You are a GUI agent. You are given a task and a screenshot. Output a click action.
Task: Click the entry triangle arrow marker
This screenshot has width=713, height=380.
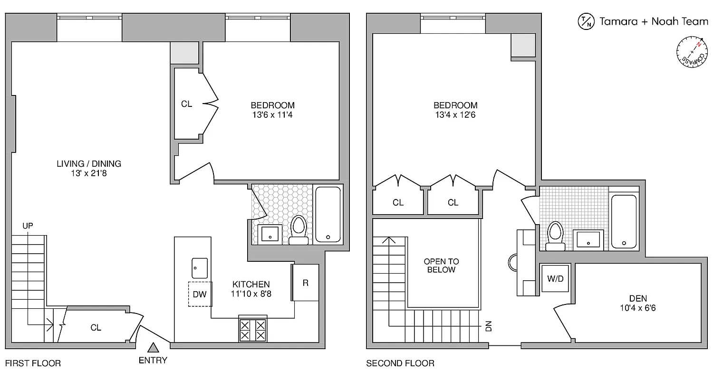[x=153, y=348]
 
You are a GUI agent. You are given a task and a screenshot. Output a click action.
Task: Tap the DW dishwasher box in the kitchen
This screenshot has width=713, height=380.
[x=200, y=294]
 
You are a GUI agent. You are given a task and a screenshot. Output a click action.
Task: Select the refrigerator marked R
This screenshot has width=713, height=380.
[x=305, y=283]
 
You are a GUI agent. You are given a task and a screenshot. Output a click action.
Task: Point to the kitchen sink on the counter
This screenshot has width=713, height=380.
[x=200, y=268]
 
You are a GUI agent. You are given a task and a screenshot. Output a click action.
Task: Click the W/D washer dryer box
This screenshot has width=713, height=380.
[x=555, y=279]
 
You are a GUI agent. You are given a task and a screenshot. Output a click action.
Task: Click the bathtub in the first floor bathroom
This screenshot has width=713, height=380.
[x=328, y=214]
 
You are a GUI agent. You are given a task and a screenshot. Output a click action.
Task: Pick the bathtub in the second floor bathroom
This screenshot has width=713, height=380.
[x=623, y=221]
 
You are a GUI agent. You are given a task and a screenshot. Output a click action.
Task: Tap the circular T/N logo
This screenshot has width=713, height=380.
[x=585, y=21]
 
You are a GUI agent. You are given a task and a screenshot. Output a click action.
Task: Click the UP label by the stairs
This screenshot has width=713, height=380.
[x=28, y=226]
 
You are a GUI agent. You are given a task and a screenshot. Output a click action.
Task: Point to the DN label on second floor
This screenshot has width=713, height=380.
[x=488, y=326]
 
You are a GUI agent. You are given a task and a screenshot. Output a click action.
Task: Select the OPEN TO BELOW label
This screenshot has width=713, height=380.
[x=442, y=266]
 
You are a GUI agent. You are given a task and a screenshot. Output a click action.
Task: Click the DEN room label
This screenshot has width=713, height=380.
[x=637, y=298]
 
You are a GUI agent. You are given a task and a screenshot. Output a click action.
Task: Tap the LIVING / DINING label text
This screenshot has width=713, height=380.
[x=89, y=164]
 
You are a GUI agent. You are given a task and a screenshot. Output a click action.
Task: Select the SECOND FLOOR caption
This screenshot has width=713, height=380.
[x=400, y=363]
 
